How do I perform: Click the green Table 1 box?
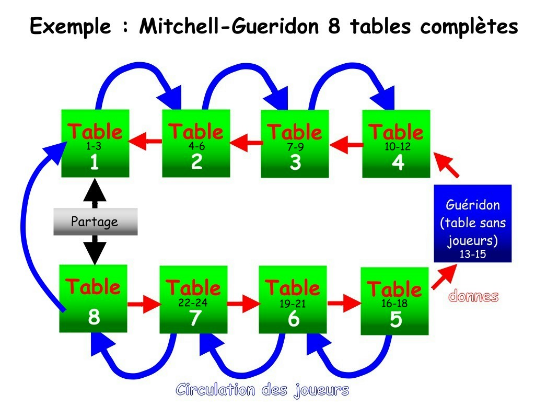click(x=95, y=144)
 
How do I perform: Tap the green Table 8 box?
click(x=94, y=298)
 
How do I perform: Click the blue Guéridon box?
click(x=473, y=223)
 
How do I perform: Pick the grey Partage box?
click(x=95, y=222)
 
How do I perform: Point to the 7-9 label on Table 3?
click(x=295, y=148)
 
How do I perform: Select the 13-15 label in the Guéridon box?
click(x=473, y=254)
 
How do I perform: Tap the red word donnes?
click(x=474, y=297)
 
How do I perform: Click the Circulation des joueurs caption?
click(x=262, y=390)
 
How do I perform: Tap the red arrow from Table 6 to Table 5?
click(x=344, y=303)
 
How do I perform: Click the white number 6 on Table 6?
click(x=294, y=319)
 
